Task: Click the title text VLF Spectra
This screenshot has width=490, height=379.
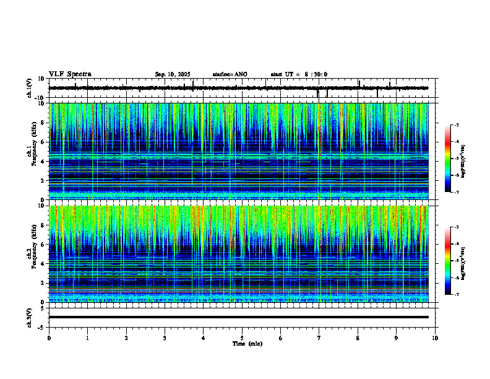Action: click(x=70, y=74)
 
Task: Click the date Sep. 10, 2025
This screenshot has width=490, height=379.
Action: click(x=173, y=74)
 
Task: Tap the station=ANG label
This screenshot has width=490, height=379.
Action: click(x=230, y=74)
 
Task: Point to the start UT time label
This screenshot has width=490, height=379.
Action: click(x=299, y=74)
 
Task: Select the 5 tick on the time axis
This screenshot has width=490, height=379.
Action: click(x=242, y=338)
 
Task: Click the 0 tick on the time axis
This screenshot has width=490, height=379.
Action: click(x=49, y=338)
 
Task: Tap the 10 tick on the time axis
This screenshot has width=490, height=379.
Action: click(x=435, y=338)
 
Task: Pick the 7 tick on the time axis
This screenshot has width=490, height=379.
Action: click(x=319, y=338)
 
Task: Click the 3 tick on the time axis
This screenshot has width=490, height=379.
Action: click(x=165, y=338)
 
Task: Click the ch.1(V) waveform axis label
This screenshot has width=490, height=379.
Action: click(x=29, y=88)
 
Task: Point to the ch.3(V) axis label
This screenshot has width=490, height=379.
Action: click(x=29, y=317)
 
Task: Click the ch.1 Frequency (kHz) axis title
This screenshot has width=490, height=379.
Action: click(x=32, y=152)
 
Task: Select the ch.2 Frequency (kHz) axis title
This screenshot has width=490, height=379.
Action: click(x=32, y=254)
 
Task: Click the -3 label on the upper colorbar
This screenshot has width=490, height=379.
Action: click(x=456, y=125)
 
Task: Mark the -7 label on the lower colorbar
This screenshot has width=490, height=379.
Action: click(x=456, y=294)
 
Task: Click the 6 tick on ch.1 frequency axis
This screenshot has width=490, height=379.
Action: click(x=43, y=142)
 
